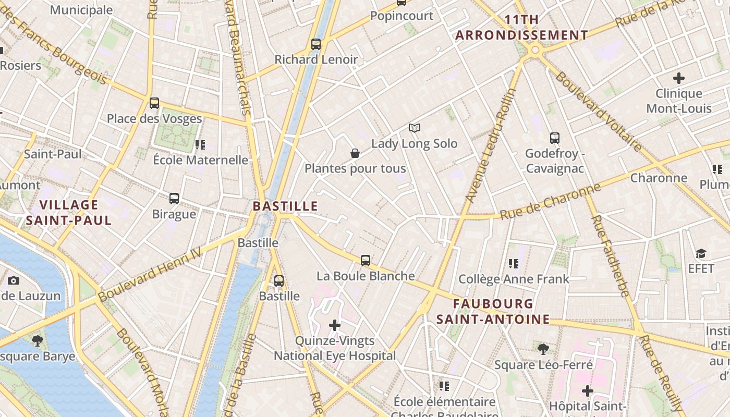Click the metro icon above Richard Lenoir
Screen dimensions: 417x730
point(316,44)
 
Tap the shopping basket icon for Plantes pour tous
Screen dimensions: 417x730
point(355,153)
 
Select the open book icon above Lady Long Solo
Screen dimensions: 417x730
point(415,128)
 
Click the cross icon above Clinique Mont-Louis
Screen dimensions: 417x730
point(678,79)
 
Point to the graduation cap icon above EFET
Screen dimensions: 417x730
point(701,254)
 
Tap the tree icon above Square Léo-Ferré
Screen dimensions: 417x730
point(543,349)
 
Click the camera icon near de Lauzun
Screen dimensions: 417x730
point(14,281)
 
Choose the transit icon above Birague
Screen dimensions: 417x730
point(174,199)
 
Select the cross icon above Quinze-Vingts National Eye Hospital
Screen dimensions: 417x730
point(335,326)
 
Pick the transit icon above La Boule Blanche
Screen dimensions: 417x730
point(366,261)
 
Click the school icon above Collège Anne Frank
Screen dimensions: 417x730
point(514,264)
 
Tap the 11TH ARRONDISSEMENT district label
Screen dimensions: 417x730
point(522,28)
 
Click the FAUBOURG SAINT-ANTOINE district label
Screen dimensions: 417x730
point(493,311)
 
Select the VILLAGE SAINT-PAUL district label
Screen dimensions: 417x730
point(69,212)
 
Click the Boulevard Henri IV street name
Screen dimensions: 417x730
point(156,273)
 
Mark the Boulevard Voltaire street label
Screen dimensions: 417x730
point(598,112)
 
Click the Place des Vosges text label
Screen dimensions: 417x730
point(154,119)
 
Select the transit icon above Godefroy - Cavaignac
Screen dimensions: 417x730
point(555,139)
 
